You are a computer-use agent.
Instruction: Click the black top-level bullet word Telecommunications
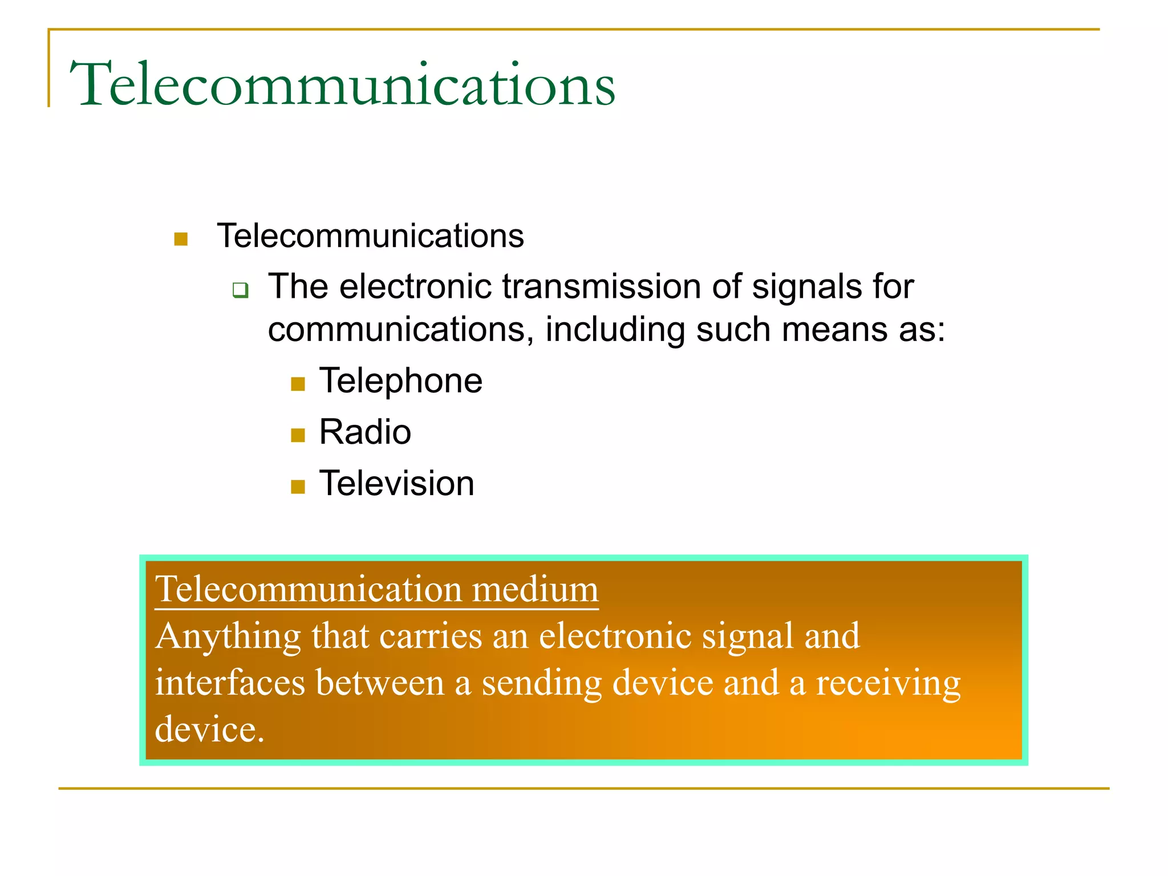click(370, 236)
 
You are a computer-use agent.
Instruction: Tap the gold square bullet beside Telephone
click(298, 384)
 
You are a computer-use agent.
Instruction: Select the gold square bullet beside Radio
click(298, 436)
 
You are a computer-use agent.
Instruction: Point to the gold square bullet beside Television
click(298, 487)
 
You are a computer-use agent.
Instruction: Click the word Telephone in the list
click(400, 381)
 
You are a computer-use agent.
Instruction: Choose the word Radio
click(365, 432)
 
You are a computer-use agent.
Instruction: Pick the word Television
click(396, 484)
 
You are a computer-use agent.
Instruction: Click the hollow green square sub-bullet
click(241, 290)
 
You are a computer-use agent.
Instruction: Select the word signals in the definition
click(804, 287)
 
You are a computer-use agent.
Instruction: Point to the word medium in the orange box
click(535, 589)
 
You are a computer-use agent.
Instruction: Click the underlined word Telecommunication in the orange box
click(308, 589)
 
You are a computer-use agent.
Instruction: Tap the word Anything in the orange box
click(228, 637)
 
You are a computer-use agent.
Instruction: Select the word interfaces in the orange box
click(230, 683)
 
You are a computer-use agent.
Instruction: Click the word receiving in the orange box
click(888, 684)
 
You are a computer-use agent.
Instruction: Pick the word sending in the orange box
click(541, 684)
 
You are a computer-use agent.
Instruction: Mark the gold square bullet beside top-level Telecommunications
click(181, 240)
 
